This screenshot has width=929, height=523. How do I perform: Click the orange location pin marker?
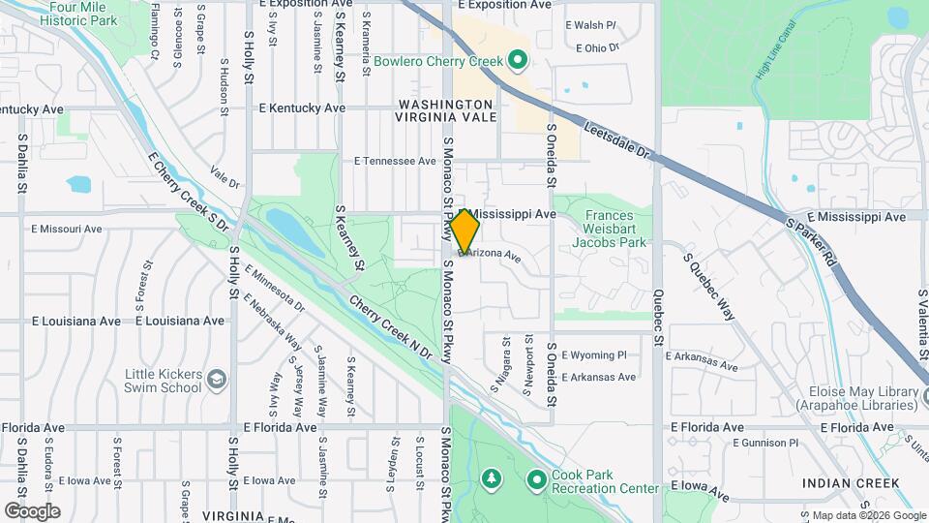[x=464, y=231]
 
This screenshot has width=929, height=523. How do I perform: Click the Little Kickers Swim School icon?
[x=218, y=379]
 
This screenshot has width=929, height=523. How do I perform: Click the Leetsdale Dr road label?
[x=622, y=141]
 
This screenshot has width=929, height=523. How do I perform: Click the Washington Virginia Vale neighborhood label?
[x=445, y=110]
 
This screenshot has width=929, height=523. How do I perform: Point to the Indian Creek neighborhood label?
[x=851, y=482]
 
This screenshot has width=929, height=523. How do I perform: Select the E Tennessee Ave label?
[x=396, y=161]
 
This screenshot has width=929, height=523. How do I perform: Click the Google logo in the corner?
[x=32, y=510]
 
